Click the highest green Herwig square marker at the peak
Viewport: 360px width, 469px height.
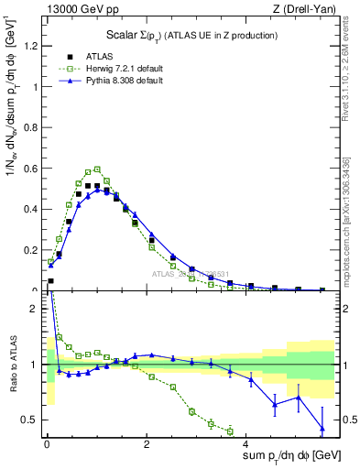[97, 169]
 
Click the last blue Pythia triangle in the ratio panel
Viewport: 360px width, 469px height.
[322, 428]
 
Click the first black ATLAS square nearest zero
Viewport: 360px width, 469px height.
[50, 281]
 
